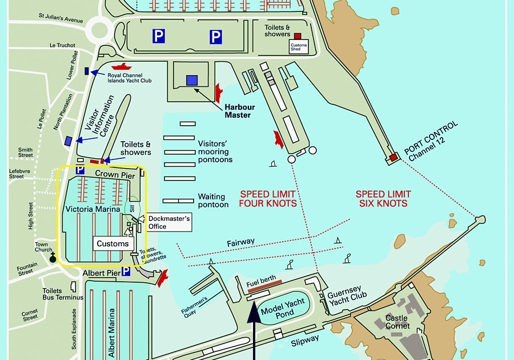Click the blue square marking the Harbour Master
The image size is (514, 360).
point(192,81)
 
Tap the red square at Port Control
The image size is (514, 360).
point(393,157)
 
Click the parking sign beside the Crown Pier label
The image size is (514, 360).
point(81,171)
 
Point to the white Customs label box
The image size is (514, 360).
point(113,244)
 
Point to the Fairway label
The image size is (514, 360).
point(240,243)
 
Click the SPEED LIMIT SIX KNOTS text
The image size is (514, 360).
point(382,199)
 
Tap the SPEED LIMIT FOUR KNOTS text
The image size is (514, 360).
point(268,199)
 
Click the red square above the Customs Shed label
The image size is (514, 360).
point(297,36)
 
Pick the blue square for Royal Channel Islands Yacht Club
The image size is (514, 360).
point(87,71)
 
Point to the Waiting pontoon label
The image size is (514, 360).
point(213,201)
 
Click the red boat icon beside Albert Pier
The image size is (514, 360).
point(163,278)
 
